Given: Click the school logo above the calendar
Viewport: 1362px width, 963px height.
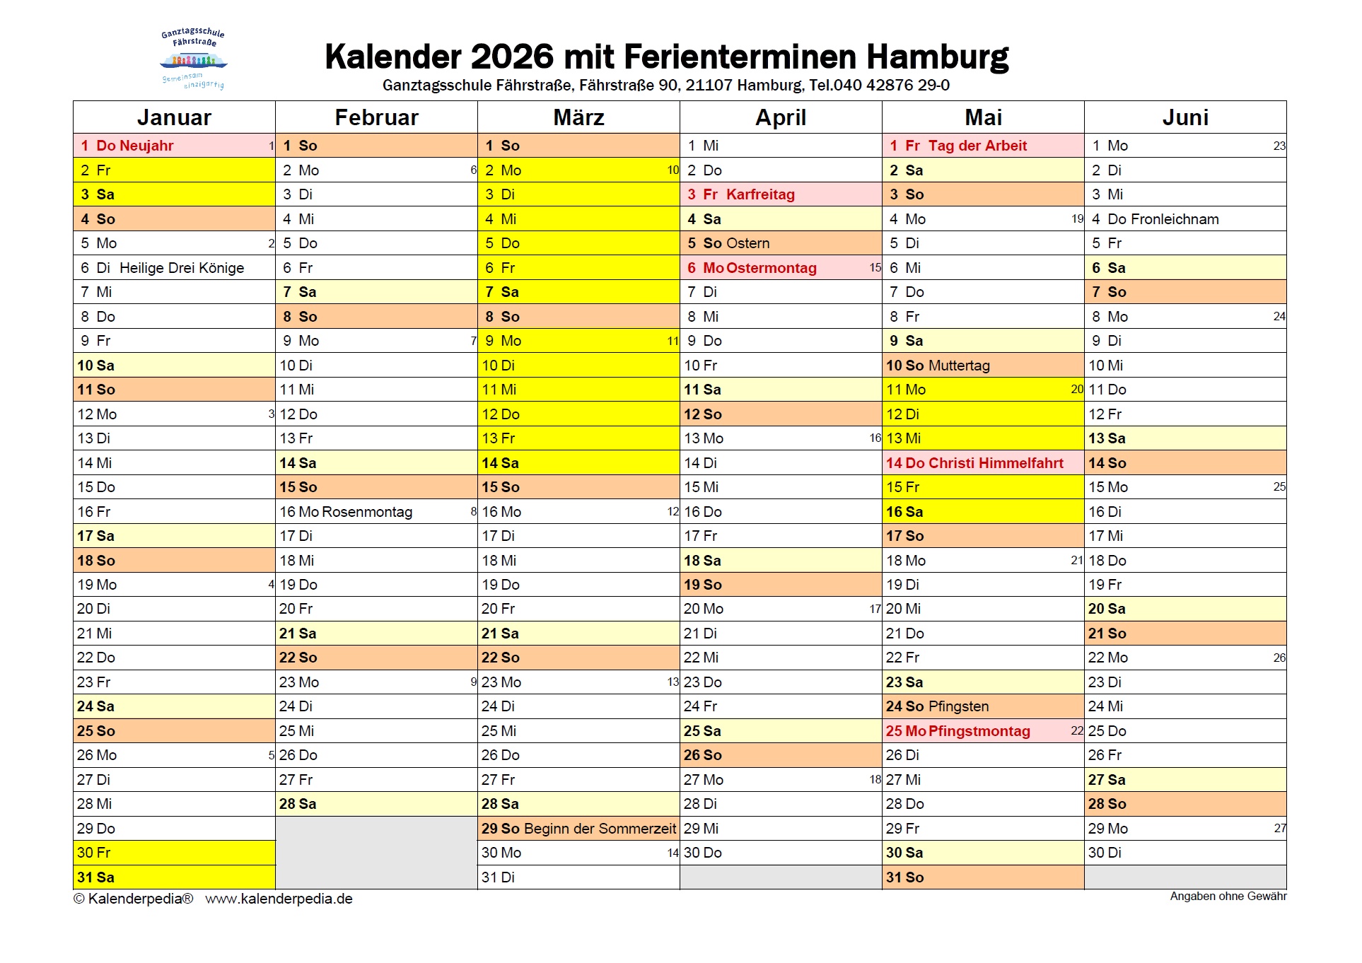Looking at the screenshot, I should pos(193,59).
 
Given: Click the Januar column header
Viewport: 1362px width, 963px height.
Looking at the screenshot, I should pos(174,117).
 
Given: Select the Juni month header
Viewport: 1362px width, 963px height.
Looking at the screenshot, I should pos(1185,117).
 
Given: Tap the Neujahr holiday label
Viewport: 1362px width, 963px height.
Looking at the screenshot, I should pos(146,146).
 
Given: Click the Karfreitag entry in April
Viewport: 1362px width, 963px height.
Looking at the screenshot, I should pos(760,194).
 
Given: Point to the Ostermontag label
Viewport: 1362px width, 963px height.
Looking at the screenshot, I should pos(771,268).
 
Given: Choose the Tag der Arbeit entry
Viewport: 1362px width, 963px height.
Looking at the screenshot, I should pos(977,146).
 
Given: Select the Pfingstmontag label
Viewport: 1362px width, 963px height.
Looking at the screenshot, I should pos(979,731).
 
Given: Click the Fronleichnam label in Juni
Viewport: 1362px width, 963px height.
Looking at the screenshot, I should pos(1175,219).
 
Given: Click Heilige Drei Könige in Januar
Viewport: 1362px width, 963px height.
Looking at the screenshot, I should pos(182,268).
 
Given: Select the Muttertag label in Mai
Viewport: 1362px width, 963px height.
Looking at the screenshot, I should pos(959,366).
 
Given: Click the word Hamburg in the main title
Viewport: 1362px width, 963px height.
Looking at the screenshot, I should pos(938,57).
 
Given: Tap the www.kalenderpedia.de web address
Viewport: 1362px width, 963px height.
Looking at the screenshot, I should pos(279,899).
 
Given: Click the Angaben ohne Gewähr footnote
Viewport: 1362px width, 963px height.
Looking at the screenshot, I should pos(1228,897).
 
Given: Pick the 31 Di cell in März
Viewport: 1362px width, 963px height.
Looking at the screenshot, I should pos(499,877).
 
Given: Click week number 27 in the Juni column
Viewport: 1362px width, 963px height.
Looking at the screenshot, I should pos(1279,828).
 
